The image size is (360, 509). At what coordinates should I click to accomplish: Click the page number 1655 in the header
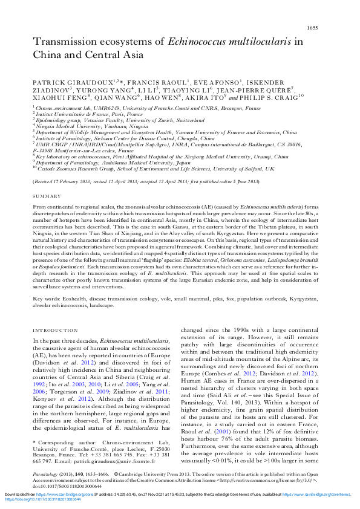coord(313,11)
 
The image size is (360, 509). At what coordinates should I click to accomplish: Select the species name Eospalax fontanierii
coord(54,248)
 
